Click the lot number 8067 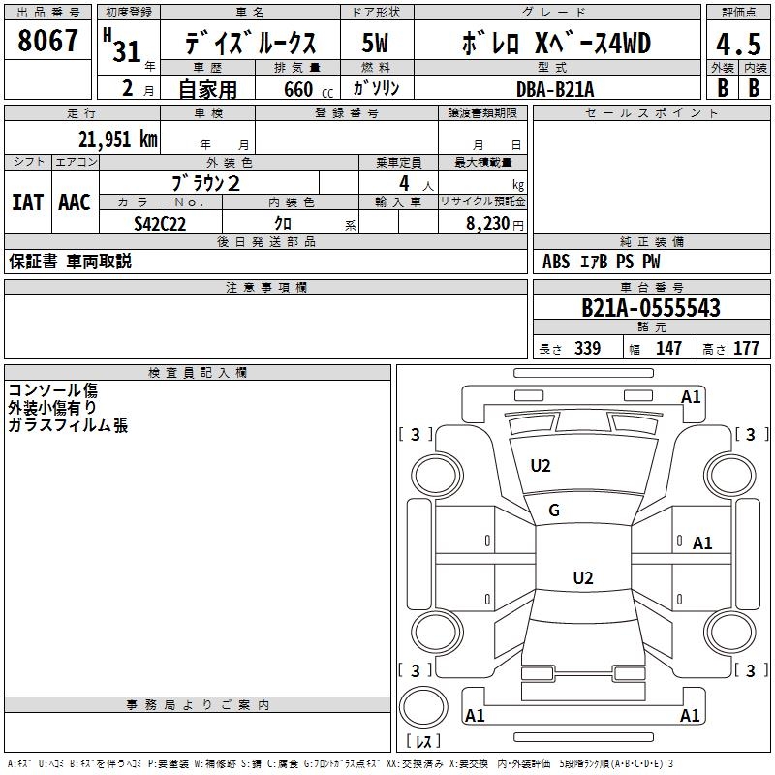[x=48, y=41]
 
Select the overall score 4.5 [x=737, y=45]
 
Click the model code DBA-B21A [x=555, y=89]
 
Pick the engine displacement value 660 [x=298, y=89]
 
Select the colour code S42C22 [x=160, y=223]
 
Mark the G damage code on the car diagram [x=554, y=511]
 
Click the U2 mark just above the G [x=541, y=466]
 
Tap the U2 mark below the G [x=582, y=578]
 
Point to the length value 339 [x=587, y=349]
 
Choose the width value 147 [x=668, y=349]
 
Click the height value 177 [x=746, y=349]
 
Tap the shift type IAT [x=27, y=202]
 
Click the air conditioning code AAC [x=74, y=202]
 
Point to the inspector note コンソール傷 [x=52, y=390]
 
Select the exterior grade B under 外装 [x=723, y=88]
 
